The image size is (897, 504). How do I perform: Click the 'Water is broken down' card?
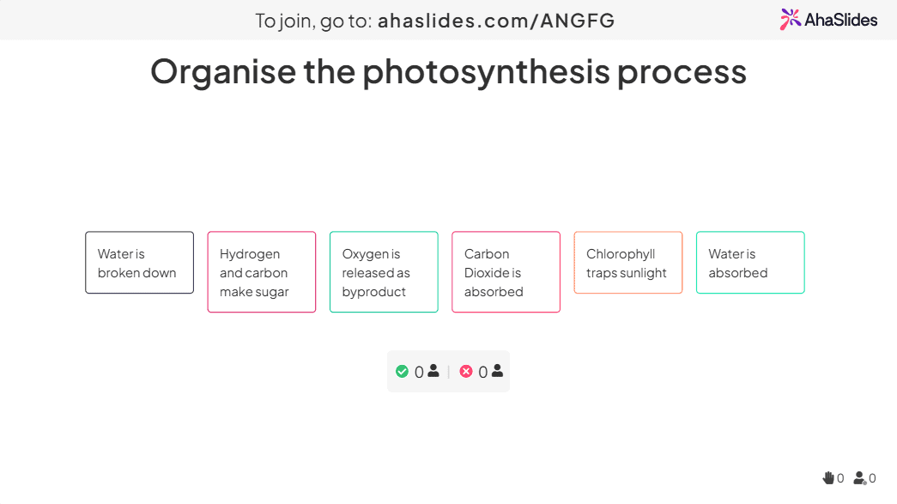click(140, 263)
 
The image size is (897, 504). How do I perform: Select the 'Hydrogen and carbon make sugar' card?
click(262, 271)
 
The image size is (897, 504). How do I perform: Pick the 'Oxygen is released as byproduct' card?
click(384, 271)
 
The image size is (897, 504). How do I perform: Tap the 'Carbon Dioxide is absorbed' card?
click(506, 271)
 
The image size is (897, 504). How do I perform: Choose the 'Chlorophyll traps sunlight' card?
click(628, 263)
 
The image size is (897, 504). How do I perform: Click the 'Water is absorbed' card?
click(750, 263)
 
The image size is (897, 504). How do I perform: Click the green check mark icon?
click(403, 371)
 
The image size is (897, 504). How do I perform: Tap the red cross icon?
click(466, 371)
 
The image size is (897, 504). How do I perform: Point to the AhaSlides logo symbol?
click(790, 20)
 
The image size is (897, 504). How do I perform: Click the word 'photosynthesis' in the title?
click(487, 73)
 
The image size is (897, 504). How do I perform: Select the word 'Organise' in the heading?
click(223, 72)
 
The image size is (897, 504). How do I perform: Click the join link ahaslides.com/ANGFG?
click(496, 21)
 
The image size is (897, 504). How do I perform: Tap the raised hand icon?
click(827, 477)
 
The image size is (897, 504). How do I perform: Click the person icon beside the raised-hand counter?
click(860, 477)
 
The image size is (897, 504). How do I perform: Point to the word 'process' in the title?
click(682, 74)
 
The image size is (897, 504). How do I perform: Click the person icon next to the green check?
click(433, 371)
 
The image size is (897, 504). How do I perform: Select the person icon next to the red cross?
click(498, 371)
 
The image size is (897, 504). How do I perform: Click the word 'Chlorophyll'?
click(621, 254)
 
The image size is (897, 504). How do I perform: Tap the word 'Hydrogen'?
click(250, 254)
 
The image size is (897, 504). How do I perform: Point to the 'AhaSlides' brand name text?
click(841, 20)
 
